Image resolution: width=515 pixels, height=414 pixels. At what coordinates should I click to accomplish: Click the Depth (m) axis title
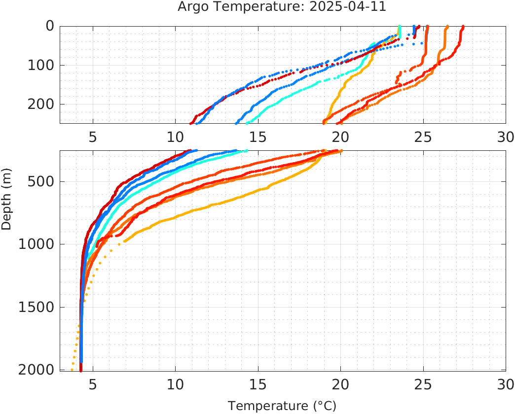[6, 198]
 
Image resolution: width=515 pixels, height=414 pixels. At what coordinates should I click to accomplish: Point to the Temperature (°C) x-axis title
[282, 406]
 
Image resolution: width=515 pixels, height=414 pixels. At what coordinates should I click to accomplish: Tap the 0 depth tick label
[50, 26]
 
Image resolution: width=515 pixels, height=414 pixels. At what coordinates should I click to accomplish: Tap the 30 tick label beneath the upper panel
[505, 137]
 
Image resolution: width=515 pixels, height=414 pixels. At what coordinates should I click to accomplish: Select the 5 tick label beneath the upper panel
[93, 137]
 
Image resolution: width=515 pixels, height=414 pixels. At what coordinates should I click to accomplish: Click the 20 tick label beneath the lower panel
[340, 384]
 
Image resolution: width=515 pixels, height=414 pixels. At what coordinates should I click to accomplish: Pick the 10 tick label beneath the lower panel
[175, 384]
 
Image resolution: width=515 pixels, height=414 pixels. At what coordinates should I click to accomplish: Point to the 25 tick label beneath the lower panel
[423, 384]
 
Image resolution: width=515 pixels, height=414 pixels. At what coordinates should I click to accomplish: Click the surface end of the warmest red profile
[463, 27]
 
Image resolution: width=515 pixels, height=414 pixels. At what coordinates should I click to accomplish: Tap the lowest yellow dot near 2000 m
[72, 370]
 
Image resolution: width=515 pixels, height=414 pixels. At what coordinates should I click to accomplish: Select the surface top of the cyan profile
[401, 27]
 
